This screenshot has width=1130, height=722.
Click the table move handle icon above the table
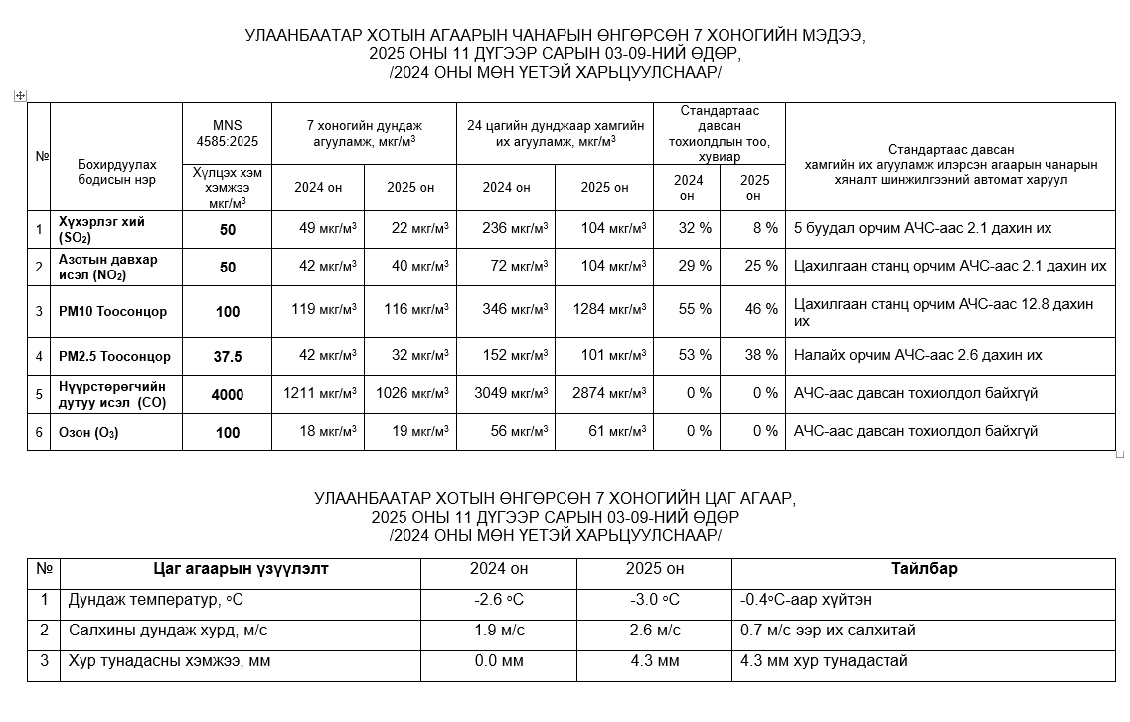click(20, 95)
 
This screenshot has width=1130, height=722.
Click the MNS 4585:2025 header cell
click(227, 133)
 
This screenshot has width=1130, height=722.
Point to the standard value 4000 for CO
click(228, 394)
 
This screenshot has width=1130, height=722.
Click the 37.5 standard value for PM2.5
click(228, 356)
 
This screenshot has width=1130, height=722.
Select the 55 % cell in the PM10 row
click(695, 309)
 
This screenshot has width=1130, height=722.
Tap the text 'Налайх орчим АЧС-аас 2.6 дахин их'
click(917, 355)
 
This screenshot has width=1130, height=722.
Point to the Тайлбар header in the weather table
click(924, 569)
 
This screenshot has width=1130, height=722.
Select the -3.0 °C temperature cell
click(654, 600)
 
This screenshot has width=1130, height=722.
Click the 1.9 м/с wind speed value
click(499, 631)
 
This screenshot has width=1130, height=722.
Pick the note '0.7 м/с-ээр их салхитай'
click(828, 631)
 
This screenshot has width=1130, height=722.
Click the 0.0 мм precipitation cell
click(499, 661)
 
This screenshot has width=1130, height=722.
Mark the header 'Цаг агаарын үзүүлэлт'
click(241, 569)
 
